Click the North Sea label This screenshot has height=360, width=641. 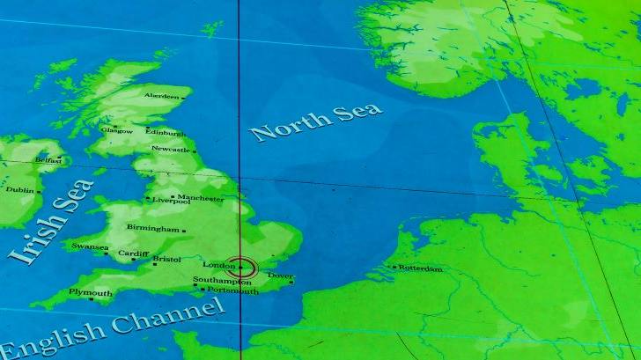pos(316,121)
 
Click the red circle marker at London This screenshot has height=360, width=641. pos(241,267)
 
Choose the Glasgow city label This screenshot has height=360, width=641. pos(116,130)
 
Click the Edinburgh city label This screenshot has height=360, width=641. pos(165,133)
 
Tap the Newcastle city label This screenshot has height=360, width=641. pos(170,150)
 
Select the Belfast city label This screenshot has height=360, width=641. pos(48,160)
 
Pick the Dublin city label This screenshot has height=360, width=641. pos(19,189)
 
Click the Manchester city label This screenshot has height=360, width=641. pos(201,198)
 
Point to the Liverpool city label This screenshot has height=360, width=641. pos(171,201)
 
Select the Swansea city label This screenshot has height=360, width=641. pos(90,247)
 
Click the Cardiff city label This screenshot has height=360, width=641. pos(134,254)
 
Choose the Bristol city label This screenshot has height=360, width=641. pos(166,260)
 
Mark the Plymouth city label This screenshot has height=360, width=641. pos(91,293)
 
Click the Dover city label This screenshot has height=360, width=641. pos(279,276)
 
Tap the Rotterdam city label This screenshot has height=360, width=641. pos(420,268)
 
